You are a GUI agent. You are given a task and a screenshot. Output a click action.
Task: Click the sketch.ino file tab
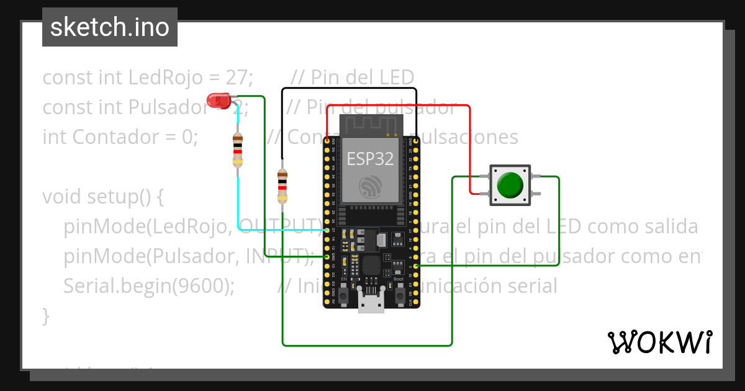click(110, 27)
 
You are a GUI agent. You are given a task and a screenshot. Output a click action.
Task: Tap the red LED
click(217, 100)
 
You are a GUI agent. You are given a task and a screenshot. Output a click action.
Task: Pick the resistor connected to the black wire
click(282, 186)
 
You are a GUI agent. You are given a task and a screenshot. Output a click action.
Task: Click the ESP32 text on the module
click(370, 158)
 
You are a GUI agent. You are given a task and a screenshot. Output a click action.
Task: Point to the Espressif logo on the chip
click(371, 187)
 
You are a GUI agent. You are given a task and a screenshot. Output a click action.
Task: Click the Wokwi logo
click(659, 342)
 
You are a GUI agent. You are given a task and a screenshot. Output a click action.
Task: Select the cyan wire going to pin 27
click(238, 205)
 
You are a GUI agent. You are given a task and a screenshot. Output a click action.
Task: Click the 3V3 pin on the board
click(327, 142)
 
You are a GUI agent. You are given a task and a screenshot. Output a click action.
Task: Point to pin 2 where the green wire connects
click(415, 266)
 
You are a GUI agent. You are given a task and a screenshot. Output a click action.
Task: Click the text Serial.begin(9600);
click(149, 286)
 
